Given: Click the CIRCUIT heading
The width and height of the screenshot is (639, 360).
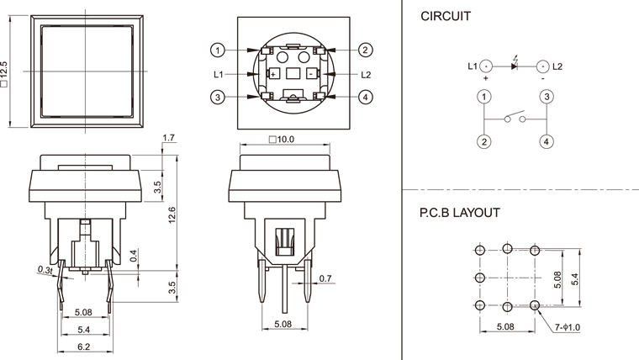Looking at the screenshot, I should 446,16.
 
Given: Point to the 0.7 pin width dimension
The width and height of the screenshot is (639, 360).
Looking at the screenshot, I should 326,278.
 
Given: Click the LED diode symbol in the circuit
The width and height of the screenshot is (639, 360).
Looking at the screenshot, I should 515,66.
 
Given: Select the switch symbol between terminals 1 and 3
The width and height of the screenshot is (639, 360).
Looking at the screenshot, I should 515,119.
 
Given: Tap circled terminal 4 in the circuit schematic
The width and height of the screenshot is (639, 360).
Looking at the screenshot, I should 546,141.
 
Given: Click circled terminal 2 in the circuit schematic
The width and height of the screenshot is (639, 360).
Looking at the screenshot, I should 484,141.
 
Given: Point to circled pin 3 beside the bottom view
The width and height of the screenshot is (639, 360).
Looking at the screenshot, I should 218,98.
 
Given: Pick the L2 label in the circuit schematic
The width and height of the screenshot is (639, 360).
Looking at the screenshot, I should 558,66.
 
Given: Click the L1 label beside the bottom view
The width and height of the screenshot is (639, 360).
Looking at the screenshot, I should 219,74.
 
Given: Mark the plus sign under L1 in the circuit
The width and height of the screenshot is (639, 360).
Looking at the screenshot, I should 485,78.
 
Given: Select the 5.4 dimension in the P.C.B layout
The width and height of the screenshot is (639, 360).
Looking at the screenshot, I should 575,277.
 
